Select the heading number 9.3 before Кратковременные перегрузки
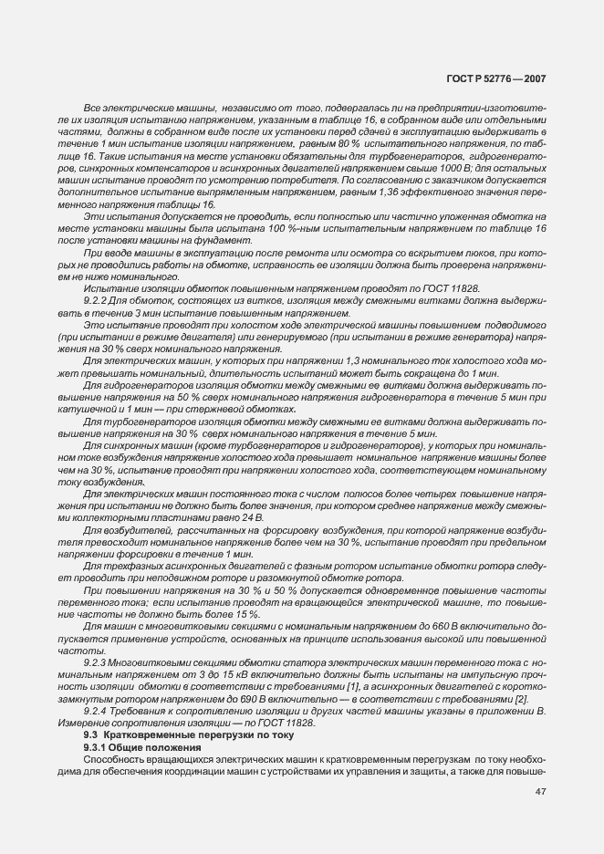click(x=90, y=734)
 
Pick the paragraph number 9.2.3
click(x=97, y=660)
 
